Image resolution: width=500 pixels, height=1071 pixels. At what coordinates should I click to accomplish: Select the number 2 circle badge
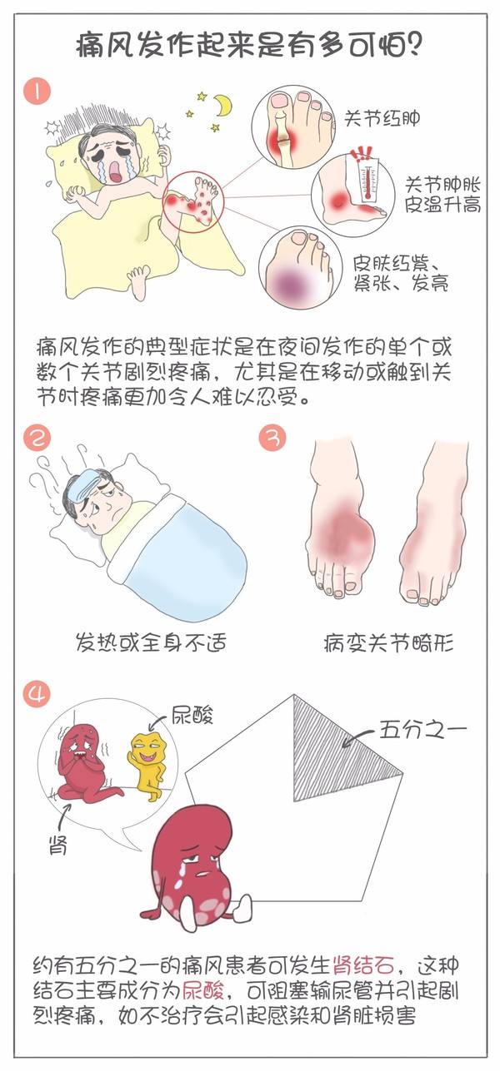click(35, 439)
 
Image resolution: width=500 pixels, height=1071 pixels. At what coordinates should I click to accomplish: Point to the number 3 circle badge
click(272, 439)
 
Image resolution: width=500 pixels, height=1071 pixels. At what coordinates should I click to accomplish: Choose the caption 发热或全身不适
click(139, 642)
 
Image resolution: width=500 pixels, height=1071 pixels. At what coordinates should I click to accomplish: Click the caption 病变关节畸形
click(387, 642)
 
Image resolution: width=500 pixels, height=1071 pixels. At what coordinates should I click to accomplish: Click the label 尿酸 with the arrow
click(194, 715)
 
